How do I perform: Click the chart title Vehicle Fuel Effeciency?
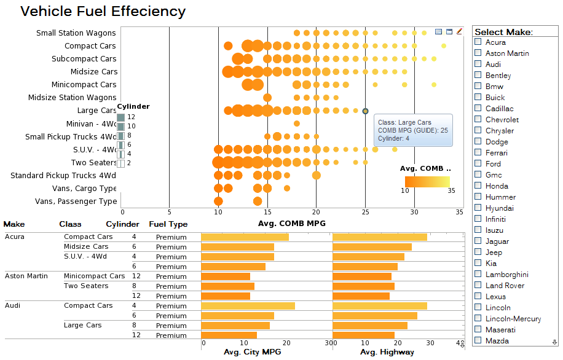[103, 12]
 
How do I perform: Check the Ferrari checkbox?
[478, 152]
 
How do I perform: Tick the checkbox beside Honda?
[478, 186]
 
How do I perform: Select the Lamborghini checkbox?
[478, 274]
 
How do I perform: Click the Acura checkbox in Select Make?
[478, 42]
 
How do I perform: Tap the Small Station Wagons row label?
[76, 33]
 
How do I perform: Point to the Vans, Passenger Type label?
[76, 201]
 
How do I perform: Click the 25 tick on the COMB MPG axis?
[365, 212]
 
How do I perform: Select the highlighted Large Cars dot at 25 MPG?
[365, 111]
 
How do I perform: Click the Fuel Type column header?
[168, 224]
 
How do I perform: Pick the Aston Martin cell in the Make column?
[26, 276]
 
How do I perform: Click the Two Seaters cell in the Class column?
[86, 286]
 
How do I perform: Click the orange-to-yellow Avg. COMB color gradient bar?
[427, 181]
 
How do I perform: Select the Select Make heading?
[503, 32]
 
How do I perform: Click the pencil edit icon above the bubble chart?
[459, 31]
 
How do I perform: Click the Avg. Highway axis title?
[387, 353]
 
